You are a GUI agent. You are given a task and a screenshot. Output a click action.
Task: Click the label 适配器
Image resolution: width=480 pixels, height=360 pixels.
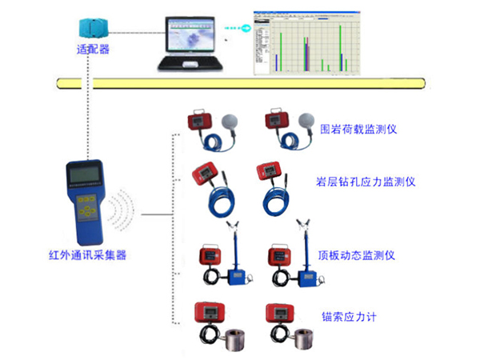click(x=93, y=48)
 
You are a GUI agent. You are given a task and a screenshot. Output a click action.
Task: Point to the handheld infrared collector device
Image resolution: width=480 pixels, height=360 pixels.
click(x=84, y=201)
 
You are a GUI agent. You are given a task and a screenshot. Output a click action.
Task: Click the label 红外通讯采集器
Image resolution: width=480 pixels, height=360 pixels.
click(x=88, y=255)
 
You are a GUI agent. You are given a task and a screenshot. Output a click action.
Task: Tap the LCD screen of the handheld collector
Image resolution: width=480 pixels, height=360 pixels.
click(x=84, y=175)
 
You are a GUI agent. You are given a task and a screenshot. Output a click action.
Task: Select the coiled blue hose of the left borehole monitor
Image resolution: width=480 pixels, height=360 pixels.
click(x=217, y=196)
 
